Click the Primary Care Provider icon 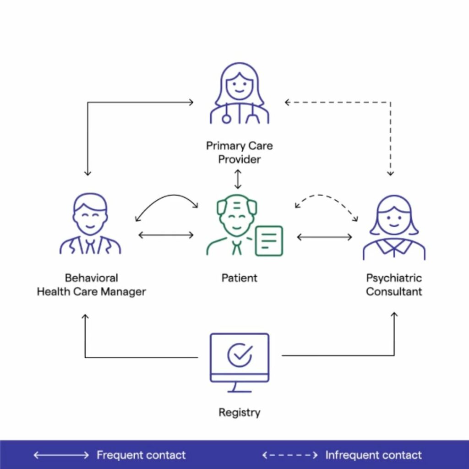[x=239, y=94]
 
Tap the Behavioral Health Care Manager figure [x=90, y=224]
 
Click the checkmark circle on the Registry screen [x=240, y=355]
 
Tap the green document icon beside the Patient [x=269, y=240]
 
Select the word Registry [x=239, y=412]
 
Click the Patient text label [x=239, y=278]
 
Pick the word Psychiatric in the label [x=394, y=278]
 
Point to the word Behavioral [x=91, y=278]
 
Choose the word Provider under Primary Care [x=239, y=159]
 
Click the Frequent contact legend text [x=141, y=455]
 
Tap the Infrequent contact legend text [x=373, y=455]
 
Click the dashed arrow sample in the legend [x=289, y=455]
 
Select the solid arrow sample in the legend [x=61, y=455]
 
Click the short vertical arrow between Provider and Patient [x=237, y=179]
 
